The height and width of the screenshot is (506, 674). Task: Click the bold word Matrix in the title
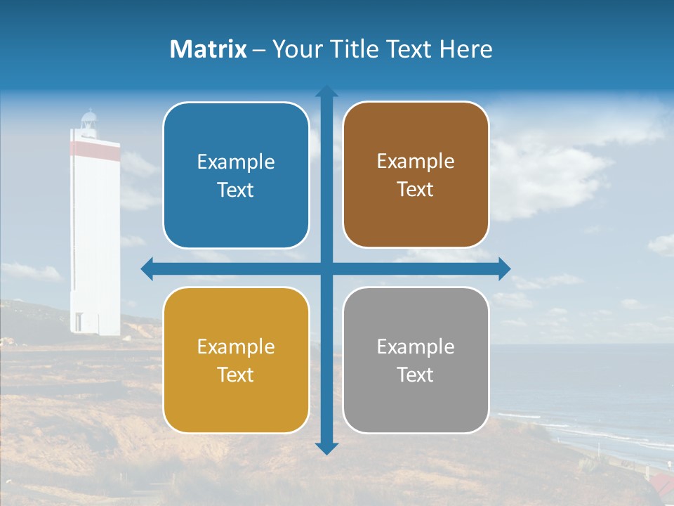coord(208,49)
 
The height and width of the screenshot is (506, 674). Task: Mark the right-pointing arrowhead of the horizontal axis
coord(504,268)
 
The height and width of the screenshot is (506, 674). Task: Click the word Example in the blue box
coord(236,162)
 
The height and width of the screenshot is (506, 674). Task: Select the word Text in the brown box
coord(416,190)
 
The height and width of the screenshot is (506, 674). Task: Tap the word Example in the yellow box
coord(236,347)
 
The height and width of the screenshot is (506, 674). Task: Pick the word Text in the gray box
coord(416,375)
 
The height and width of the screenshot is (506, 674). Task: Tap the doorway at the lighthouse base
coord(78,323)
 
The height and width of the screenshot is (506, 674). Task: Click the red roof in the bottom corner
coord(660,484)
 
